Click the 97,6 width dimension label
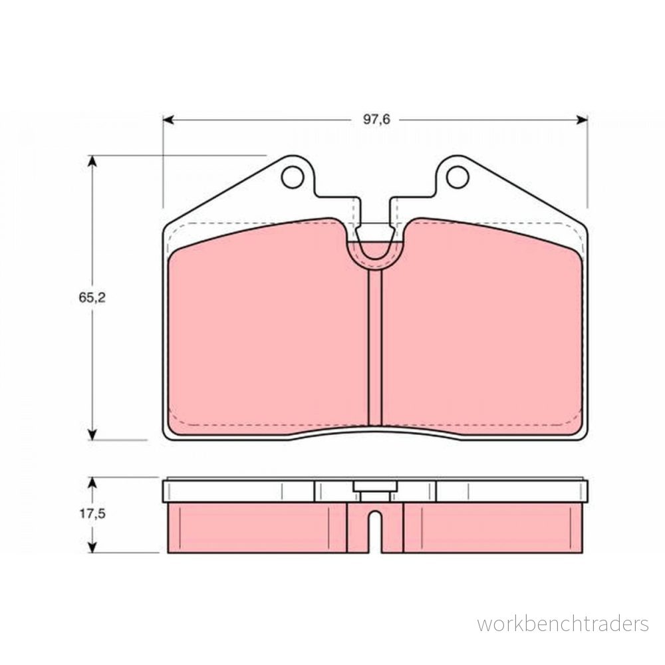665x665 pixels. tap(376, 120)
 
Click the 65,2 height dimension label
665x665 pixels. tap(92, 298)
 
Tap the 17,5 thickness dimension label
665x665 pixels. tap(92, 514)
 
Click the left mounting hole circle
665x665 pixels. tap(293, 178)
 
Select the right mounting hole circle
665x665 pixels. tap(458, 178)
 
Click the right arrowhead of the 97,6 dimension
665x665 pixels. tap(582, 120)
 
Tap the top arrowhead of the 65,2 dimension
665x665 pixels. tap(92, 161)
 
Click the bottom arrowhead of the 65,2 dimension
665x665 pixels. tap(92, 434)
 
